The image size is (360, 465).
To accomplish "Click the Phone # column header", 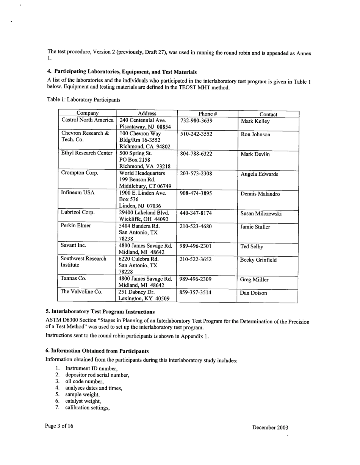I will tap(207, 114).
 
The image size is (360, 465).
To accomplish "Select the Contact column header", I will tap(268, 114).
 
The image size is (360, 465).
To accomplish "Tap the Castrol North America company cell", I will tap(87, 120).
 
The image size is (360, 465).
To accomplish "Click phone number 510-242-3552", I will tap(196, 134).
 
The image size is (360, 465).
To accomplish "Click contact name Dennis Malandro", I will tap(260, 194).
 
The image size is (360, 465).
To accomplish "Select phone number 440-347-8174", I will tap(196, 213).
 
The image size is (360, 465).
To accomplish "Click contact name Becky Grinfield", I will tap(258, 260).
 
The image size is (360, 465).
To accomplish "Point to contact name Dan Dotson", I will tap(254, 293).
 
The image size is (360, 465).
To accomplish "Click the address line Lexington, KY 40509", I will tap(144, 299).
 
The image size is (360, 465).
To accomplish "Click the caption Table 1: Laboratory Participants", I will tap(83, 100).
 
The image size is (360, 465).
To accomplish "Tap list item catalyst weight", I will tap(83, 401).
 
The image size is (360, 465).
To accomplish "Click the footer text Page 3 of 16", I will tap(59, 426).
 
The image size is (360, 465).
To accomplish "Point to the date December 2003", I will tap(270, 428).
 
